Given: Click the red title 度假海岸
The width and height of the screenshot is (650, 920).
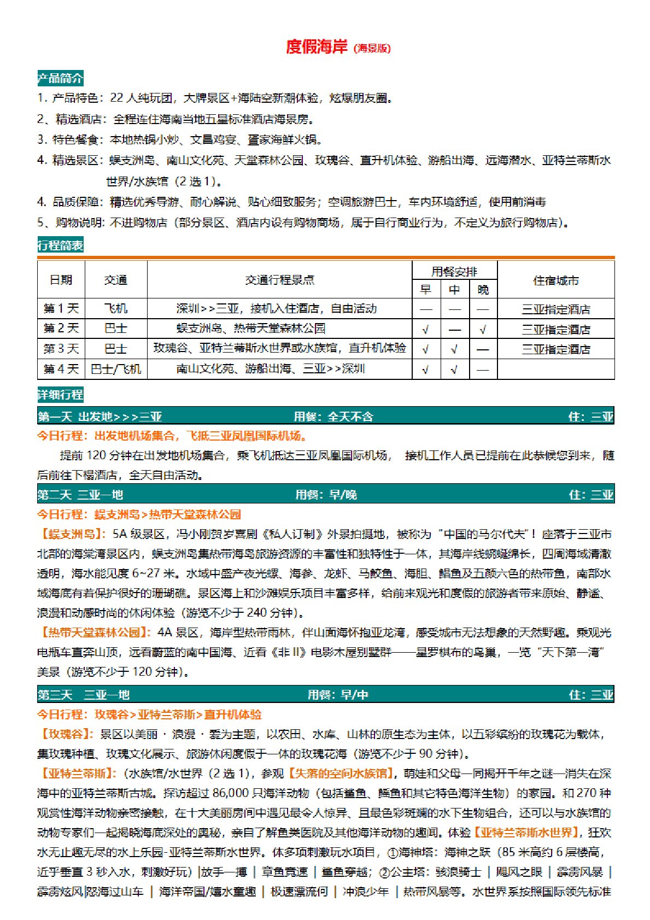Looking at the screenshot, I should (x=317, y=47).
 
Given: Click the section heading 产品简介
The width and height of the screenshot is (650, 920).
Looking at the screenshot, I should (x=60, y=78).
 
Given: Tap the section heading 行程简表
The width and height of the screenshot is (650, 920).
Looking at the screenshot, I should (x=60, y=245).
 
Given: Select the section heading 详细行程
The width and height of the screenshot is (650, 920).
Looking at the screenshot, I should (x=60, y=395).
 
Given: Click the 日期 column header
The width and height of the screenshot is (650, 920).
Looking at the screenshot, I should (x=61, y=280).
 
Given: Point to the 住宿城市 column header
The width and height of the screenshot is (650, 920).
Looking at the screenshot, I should (x=555, y=280).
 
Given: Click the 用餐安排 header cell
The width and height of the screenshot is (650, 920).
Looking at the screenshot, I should (x=454, y=271).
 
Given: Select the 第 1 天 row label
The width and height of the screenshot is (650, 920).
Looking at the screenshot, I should (x=61, y=309).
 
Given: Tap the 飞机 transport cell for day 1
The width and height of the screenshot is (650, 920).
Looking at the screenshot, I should (x=116, y=309).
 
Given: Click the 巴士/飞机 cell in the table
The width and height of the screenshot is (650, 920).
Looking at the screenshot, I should (x=116, y=370).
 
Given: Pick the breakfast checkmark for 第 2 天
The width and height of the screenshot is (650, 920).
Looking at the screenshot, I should (x=425, y=330).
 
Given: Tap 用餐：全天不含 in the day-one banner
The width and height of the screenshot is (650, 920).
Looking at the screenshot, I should (x=333, y=417).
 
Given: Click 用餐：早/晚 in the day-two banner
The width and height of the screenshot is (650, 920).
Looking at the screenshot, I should (x=326, y=495).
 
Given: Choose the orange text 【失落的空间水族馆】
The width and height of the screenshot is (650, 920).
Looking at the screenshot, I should (x=342, y=773).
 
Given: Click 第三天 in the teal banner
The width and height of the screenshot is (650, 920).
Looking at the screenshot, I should (x=55, y=695).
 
